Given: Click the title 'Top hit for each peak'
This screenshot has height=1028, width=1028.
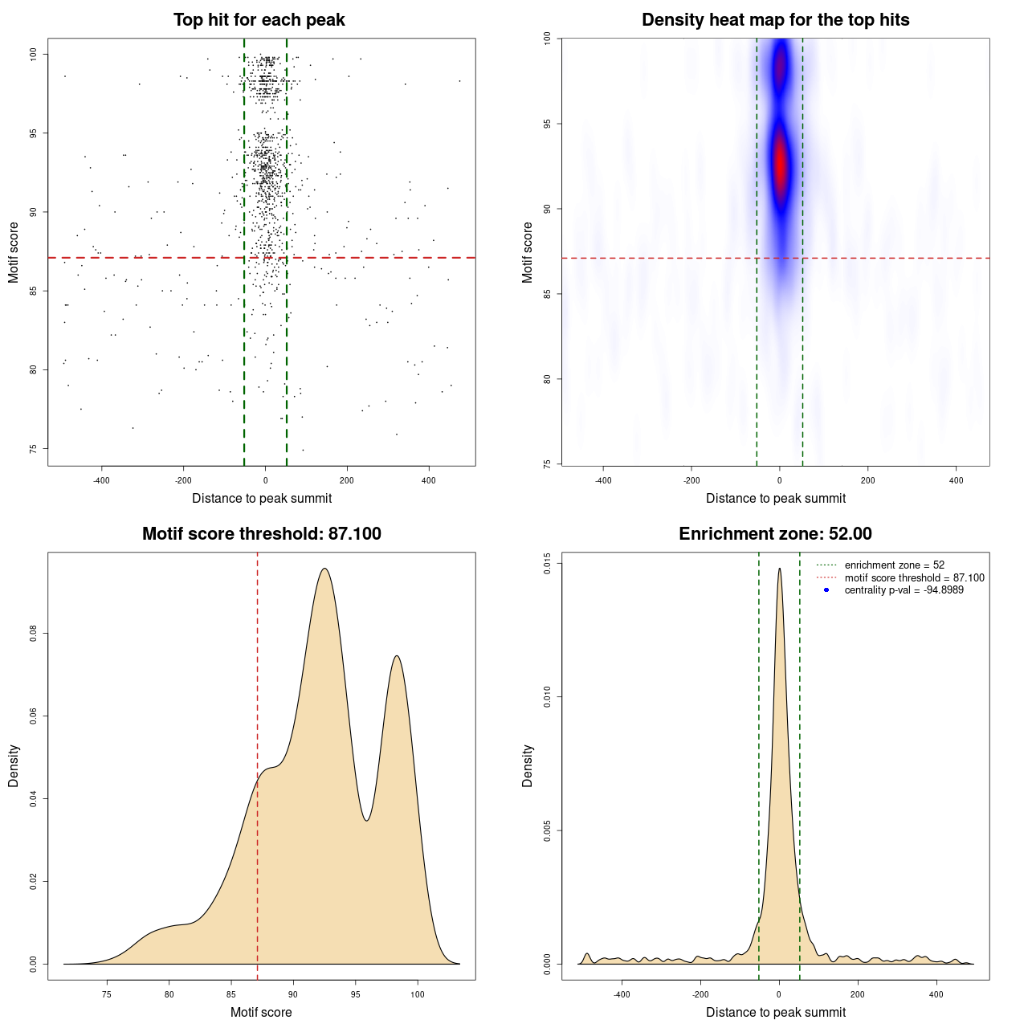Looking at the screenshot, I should (x=259, y=20).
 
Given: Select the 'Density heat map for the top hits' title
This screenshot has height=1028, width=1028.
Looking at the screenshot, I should (x=775, y=20).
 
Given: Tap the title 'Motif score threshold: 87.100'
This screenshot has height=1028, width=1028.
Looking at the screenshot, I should (x=261, y=534).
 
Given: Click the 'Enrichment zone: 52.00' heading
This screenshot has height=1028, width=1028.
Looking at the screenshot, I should (x=775, y=534).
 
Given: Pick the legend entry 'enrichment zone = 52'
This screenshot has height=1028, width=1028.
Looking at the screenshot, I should (x=894, y=565).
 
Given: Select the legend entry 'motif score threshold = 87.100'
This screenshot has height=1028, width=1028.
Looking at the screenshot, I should (x=914, y=577).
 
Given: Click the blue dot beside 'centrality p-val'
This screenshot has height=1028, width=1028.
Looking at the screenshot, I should (x=826, y=590).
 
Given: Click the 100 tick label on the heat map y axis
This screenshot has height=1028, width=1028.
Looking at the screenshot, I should (x=547, y=39).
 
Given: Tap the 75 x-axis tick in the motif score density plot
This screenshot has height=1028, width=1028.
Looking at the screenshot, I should (x=107, y=994).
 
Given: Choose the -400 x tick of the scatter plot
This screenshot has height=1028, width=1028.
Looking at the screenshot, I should (x=101, y=480).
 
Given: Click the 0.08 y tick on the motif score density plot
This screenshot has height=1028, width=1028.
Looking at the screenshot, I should (x=33, y=634).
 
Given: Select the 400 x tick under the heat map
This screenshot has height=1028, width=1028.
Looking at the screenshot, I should (x=956, y=480).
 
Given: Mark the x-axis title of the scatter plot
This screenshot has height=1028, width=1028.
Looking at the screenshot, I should (x=262, y=499).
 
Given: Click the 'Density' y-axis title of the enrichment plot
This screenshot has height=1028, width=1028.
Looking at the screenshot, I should (x=528, y=765).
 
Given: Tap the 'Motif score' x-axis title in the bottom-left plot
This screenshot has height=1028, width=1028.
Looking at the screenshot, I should (x=261, y=1012).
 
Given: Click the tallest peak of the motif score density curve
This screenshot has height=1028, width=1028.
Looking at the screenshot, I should (x=324, y=569).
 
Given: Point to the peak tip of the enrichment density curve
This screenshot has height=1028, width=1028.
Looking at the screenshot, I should (x=779, y=569).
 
